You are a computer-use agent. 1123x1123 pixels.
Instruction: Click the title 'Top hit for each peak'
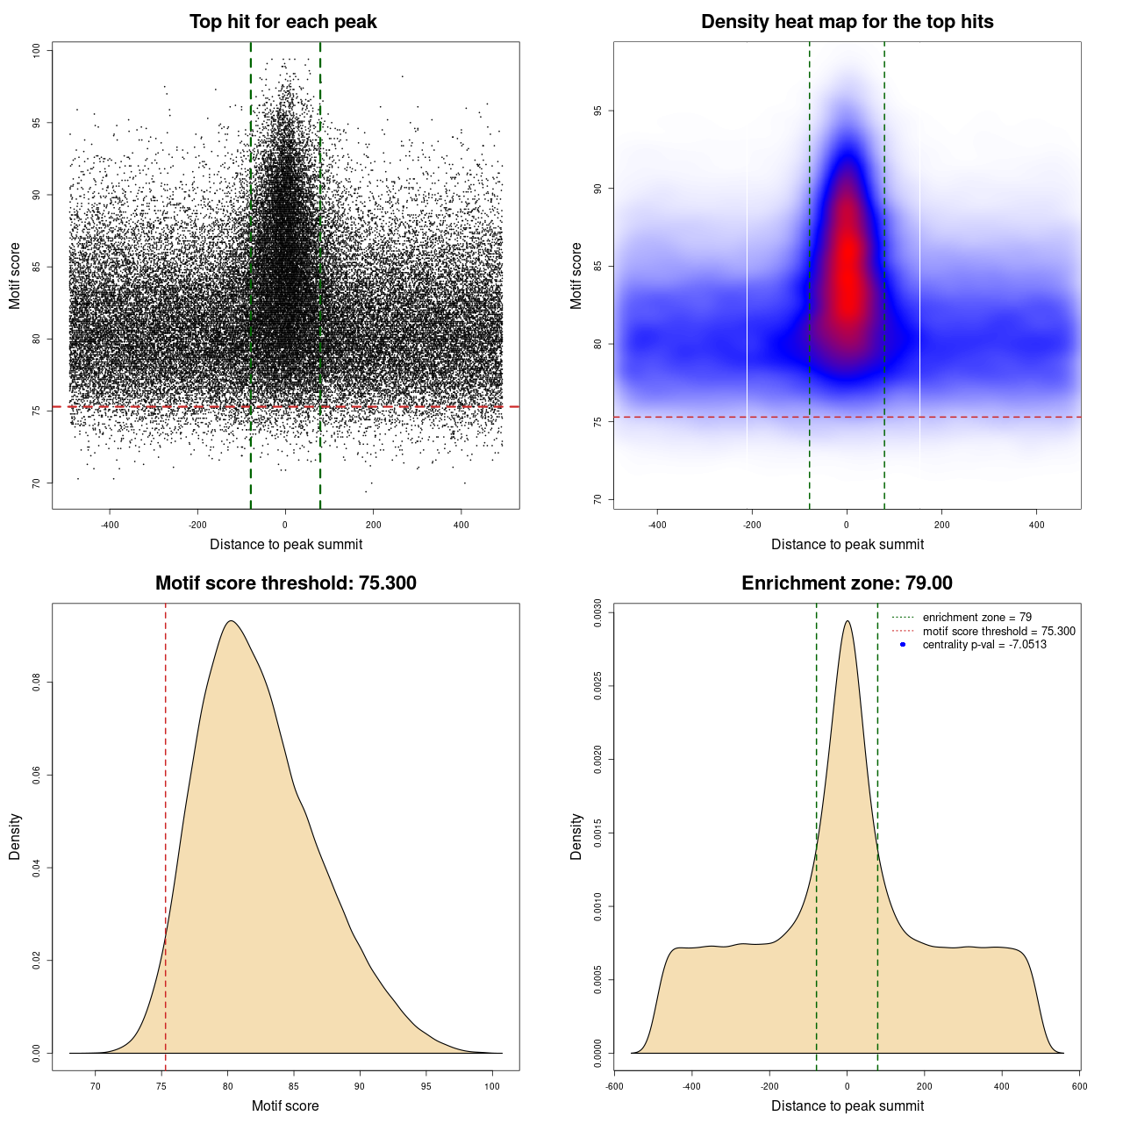coord(283,22)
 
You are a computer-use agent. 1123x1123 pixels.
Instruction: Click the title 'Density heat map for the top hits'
coord(847,22)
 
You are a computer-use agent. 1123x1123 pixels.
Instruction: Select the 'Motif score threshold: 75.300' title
coord(285,583)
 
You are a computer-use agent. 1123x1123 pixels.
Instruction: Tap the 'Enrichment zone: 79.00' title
coord(847,583)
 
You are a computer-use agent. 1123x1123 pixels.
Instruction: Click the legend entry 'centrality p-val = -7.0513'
coord(984,645)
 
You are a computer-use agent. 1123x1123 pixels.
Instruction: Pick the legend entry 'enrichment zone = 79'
coord(976,618)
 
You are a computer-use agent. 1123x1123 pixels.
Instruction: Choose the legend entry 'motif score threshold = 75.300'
coord(998,631)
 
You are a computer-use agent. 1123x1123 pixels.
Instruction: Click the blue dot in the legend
coord(903,645)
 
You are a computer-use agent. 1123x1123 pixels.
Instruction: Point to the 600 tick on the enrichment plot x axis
coord(1079,1086)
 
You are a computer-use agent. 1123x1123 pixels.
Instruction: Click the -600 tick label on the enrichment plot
coord(614,1086)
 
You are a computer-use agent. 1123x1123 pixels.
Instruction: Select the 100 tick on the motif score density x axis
coord(492,1086)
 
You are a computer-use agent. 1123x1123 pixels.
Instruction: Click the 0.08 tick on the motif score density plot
coord(36,683)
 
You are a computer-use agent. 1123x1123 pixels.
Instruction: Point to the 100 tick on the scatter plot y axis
coord(36,51)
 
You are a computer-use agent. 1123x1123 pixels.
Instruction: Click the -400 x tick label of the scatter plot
coord(110,525)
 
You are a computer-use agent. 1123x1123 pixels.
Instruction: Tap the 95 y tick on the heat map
coord(597,111)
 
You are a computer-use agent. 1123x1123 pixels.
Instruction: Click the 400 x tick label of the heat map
coord(1036,525)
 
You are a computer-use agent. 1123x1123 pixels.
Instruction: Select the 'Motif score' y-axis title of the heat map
coord(576,275)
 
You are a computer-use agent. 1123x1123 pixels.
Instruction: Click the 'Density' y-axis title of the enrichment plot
coord(576,836)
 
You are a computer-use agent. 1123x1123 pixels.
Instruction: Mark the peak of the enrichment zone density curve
coord(847,621)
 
